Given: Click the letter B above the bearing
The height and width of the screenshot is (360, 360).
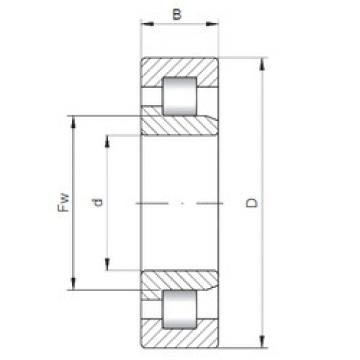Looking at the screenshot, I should pyautogui.click(x=177, y=15).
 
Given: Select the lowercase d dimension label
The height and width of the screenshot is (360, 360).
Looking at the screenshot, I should pyautogui.click(x=97, y=203).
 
